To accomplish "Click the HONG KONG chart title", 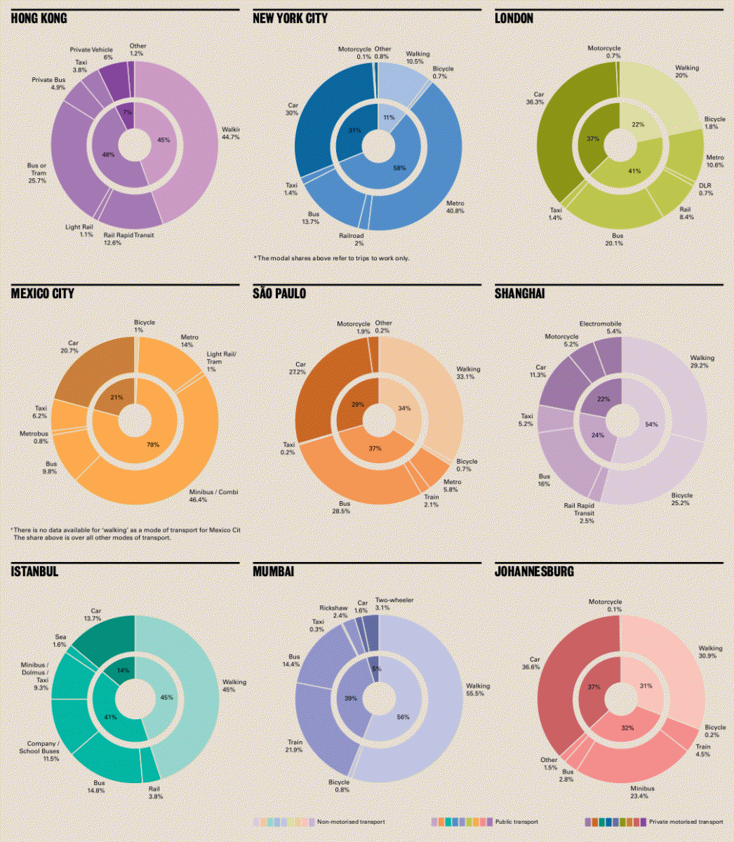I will pos(39,18).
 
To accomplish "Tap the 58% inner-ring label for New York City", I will pos(399,168).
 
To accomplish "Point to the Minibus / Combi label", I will pos(213,496).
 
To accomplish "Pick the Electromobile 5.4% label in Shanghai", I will pos(600,327).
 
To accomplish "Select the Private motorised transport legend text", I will pos(686,822).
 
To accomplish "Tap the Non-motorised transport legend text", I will pos(351,822).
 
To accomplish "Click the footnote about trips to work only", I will pos(331,258).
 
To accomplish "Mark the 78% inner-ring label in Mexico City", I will pos(152,445).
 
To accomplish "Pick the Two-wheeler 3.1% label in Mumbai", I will pos(392,604).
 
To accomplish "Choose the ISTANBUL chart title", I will pos(34,571).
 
